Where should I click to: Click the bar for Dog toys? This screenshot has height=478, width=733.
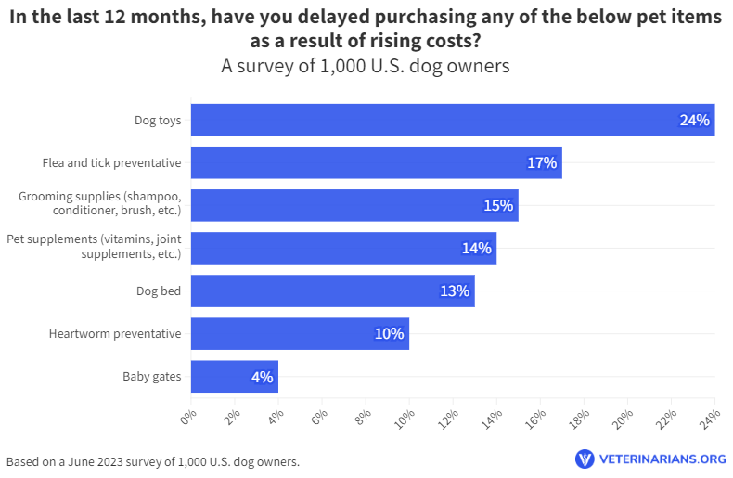[452, 120]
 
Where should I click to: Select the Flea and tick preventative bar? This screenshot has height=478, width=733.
[376, 162]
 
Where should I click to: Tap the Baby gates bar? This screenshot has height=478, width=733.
[234, 377]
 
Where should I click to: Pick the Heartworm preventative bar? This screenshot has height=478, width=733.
[300, 333]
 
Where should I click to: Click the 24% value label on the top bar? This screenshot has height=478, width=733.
[694, 120]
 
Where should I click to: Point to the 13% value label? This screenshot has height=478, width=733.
[455, 291]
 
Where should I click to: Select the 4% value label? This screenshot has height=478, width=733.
[262, 377]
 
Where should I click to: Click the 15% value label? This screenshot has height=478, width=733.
[498, 205]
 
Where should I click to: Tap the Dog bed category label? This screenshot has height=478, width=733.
[158, 291]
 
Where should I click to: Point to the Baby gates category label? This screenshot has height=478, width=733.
[151, 377]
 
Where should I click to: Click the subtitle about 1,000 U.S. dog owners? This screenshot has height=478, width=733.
[366, 67]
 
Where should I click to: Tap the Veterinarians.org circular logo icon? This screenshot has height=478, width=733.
[585, 459]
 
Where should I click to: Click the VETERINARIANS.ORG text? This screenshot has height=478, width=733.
[662, 459]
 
